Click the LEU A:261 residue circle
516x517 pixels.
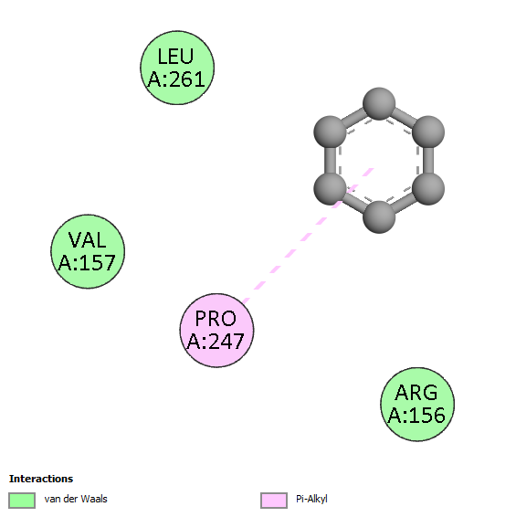tap(177, 68)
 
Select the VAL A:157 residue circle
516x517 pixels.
tap(88, 251)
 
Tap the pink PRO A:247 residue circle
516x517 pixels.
tap(217, 330)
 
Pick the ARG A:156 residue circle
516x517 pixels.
tap(417, 405)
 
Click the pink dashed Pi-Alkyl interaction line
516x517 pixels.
tap(308, 235)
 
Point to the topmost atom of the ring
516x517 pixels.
tap(379, 103)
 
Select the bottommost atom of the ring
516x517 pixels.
tap(379, 217)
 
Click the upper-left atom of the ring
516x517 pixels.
tap(330, 132)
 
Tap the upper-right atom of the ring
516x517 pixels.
tap(428, 132)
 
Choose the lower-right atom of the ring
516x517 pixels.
tap(428, 189)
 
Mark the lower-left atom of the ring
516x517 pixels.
tap(330, 189)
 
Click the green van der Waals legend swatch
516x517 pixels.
tap(22, 501)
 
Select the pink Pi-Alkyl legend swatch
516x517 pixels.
tap(274, 501)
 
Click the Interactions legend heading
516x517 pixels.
tap(41, 479)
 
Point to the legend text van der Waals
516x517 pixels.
tap(76, 499)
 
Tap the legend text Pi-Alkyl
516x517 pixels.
tap(311, 500)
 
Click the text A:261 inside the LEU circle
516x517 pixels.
tap(176, 79)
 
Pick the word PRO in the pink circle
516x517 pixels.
tap(216, 319)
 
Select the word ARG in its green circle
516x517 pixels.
tap(416, 393)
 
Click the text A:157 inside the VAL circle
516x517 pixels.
tap(87, 263)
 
